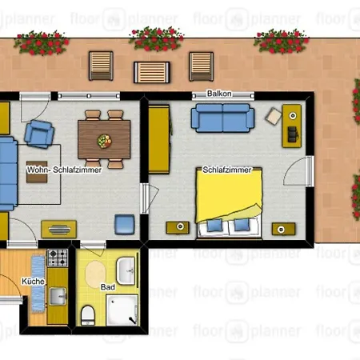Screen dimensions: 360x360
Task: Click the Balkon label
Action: tap(219, 94)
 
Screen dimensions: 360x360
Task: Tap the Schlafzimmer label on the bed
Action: tap(227, 170)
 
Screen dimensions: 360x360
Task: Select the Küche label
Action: tap(33, 282)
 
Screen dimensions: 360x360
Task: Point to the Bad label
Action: tap(108, 287)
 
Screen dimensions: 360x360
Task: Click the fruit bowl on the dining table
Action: tap(104, 141)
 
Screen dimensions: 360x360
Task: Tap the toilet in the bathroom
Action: tap(88, 315)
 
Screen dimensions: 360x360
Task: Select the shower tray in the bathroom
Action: tap(122, 310)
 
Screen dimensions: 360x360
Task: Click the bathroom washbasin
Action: tap(126, 271)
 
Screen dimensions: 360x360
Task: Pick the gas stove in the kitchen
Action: tap(58, 258)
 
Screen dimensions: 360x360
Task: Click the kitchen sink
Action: tap(58, 296)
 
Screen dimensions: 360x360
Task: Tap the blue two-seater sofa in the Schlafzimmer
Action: tap(222, 118)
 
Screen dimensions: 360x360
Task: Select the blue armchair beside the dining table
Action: tap(39, 134)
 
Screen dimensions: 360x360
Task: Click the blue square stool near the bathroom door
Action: tap(125, 225)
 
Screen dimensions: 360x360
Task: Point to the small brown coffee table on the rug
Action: tap(37, 172)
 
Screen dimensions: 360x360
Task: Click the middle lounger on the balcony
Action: tap(152, 72)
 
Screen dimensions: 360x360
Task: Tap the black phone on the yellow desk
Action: tap(292, 134)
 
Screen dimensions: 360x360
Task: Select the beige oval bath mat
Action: tap(95, 274)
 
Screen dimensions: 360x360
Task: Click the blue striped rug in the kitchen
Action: tap(38, 284)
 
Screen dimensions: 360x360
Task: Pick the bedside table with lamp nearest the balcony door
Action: tap(283, 229)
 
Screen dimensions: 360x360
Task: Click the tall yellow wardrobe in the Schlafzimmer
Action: tap(159, 139)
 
